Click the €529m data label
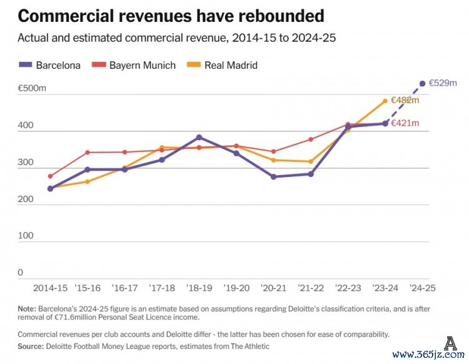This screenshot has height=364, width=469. pyautogui.click(x=443, y=83)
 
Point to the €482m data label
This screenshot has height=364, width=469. pyautogui.click(x=405, y=100)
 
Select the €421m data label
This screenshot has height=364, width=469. pyautogui.click(x=405, y=123)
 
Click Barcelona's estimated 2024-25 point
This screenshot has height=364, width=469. pyautogui.click(x=422, y=83)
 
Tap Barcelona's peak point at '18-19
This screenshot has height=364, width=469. pyautogui.click(x=199, y=138)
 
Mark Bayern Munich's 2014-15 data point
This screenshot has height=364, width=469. pyautogui.click(x=50, y=176)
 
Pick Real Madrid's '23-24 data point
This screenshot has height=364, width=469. pyautogui.click(x=385, y=101)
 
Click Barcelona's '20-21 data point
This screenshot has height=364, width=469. pyautogui.click(x=273, y=177)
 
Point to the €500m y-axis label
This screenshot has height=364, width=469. pyautogui.click(x=33, y=89)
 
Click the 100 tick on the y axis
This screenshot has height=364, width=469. pyautogui.click(x=26, y=235)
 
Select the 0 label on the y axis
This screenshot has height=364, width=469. pyautogui.click(x=21, y=273)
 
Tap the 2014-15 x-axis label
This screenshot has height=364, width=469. pyautogui.click(x=50, y=288)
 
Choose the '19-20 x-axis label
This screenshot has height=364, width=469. pyautogui.click(x=236, y=288)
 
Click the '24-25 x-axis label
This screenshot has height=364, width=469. pyautogui.click(x=422, y=288)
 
